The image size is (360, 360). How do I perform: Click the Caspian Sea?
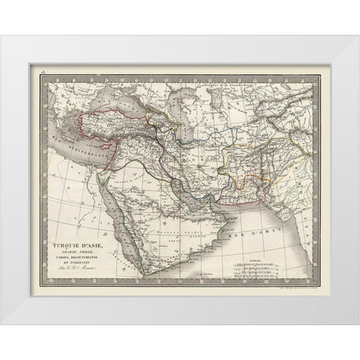pos(167,113)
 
